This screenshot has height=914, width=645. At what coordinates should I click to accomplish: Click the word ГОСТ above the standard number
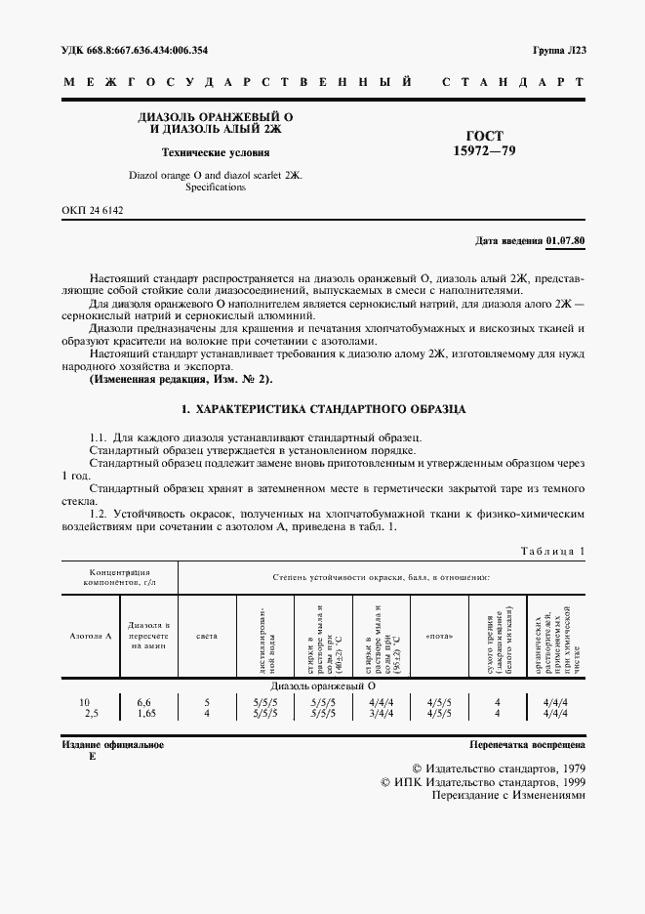point(486,137)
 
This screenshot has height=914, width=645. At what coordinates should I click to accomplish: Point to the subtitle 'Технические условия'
point(216,152)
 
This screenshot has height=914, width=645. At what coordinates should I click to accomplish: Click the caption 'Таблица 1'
point(551,552)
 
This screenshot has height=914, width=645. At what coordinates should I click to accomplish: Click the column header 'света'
point(207,636)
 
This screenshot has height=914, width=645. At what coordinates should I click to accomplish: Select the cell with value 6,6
point(144,701)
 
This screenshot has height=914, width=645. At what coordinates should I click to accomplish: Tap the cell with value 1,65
point(144,713)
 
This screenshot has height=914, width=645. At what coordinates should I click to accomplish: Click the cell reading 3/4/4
point(379,713)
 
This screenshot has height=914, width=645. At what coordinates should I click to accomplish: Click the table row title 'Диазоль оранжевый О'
point(318,685)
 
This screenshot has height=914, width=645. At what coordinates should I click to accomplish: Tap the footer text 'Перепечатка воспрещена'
point(527,745)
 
